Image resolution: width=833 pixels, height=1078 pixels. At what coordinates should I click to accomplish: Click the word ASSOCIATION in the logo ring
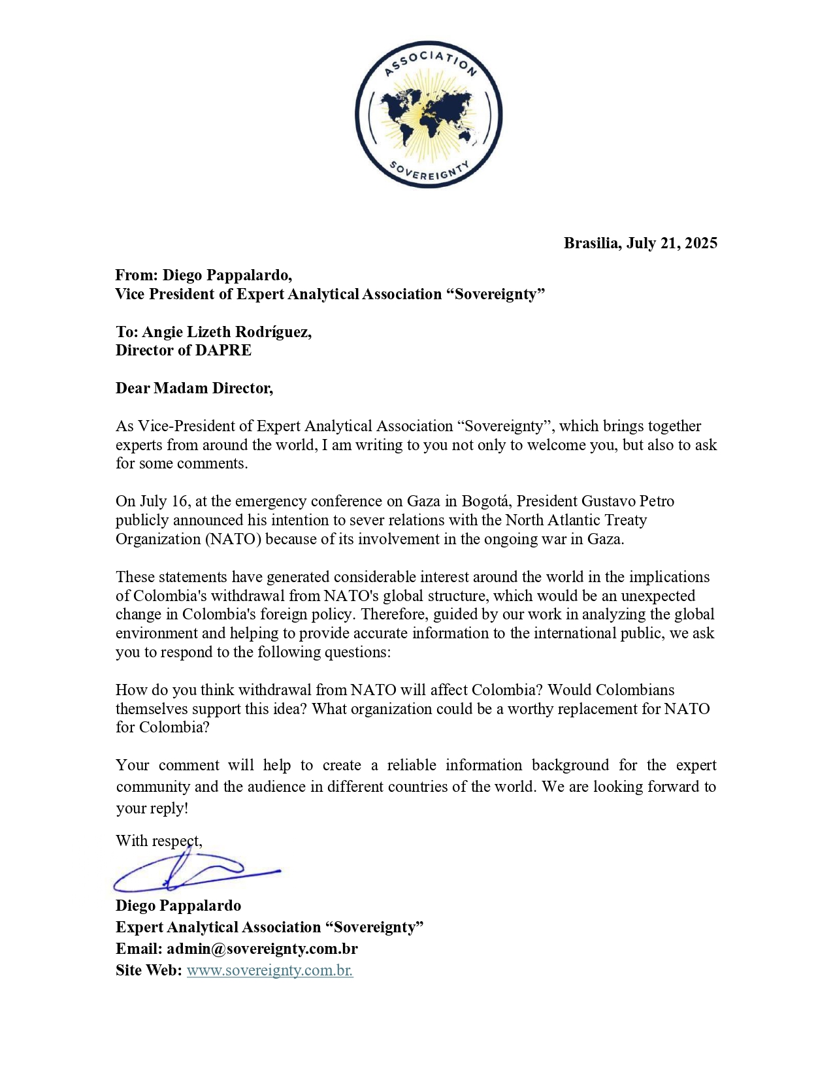pyautogui.click(x=429, y=60)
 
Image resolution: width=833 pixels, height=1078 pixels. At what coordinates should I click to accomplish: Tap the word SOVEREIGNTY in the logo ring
pyautogui.click(x=429, y=171)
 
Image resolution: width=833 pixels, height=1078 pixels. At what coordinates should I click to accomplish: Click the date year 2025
pyautogui.click(x=701, y=243)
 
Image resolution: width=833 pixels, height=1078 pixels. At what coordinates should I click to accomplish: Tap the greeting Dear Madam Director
pyautogui.click(x=194, y=388)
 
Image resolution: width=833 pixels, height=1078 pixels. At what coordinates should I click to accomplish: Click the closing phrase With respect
pyautogui.click(x=159, y=841)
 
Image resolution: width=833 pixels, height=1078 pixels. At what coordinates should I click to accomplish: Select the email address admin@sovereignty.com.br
pyautogui.click(x=262, y=949)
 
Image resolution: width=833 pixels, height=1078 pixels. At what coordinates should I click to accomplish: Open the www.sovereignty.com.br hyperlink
pyautogui.click(x=270, y=970)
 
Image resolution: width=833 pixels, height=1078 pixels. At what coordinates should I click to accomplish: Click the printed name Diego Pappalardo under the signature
pyautogui.click(x=178, y=906)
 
